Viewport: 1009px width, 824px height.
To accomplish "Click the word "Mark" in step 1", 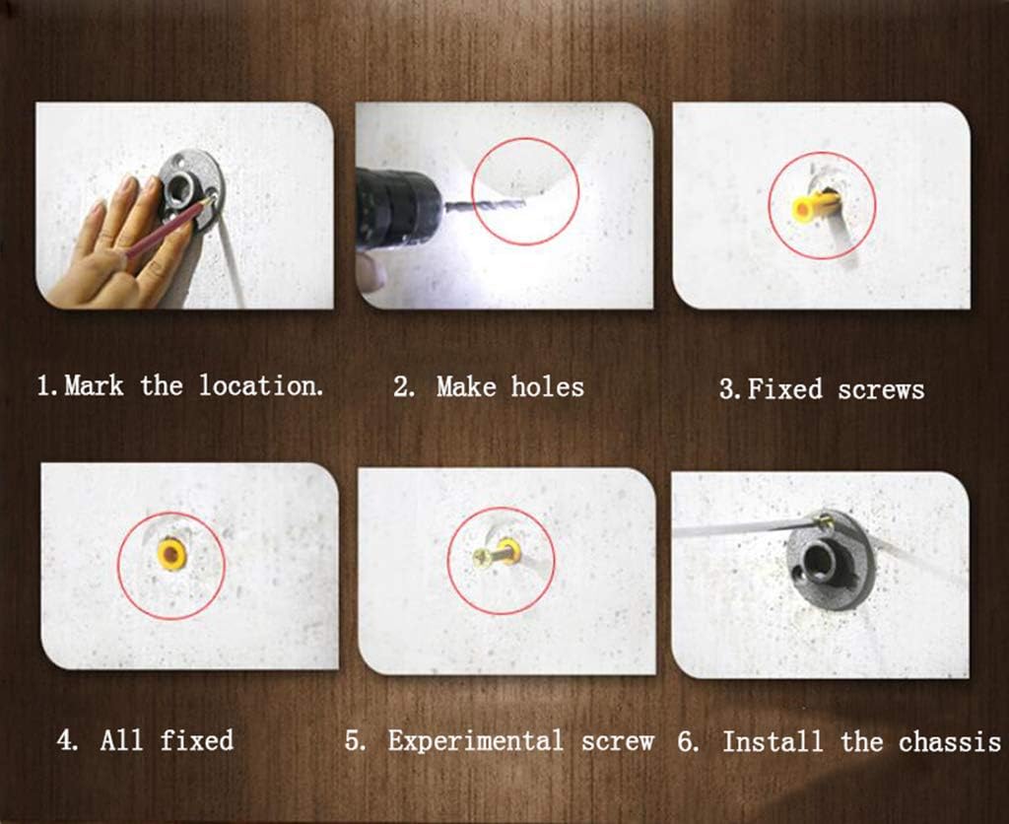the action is click(x=94, y=386).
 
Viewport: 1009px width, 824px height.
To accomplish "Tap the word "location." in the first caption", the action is click(x=260, y=385).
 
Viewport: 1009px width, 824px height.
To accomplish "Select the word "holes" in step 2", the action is click(x=548, y=387).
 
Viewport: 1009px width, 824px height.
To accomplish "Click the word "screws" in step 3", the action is click(x=881, y=389).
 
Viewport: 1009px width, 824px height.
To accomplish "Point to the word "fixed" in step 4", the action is click(x=196, y=740).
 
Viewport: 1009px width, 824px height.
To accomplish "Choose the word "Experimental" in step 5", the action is click(x=476, y=741).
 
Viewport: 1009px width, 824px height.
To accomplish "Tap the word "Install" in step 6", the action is click(x=773, y=742).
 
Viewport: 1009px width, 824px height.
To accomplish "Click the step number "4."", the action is click(x=68, y=740).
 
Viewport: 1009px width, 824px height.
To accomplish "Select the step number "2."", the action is click(x=404, y=387).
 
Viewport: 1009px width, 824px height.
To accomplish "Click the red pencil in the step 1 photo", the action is click(x=168, y=227).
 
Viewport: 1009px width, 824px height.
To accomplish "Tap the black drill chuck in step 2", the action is click(x=399, y=207).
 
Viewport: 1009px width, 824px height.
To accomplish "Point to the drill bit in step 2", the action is click(x=485, y=207).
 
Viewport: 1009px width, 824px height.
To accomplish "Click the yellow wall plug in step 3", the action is click(x=814, y=206).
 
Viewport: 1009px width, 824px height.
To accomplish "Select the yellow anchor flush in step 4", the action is click(x=171, y=554).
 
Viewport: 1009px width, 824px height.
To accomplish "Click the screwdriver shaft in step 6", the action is click(x=741, y=528).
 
